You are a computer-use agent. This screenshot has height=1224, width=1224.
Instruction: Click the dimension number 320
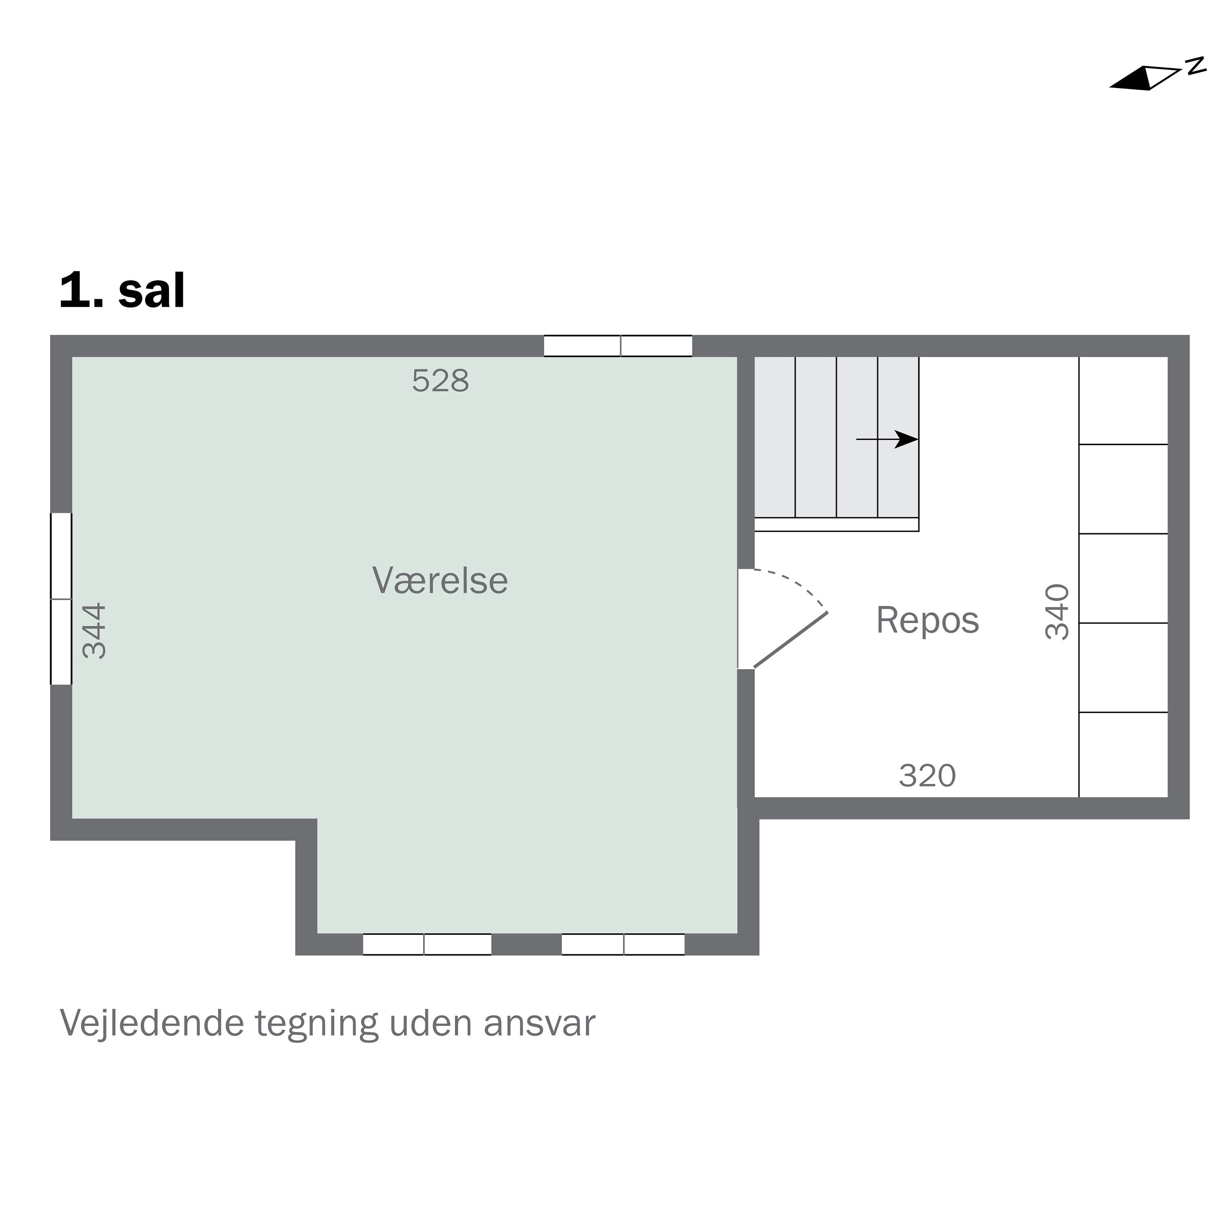(x=927, y=776)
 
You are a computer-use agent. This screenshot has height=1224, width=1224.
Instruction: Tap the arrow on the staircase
(x=887, y=439)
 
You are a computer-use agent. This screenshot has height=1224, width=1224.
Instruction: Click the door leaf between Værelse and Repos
(x=791, y=640)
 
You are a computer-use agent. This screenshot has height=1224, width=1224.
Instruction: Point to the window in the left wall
(x=62, y=599)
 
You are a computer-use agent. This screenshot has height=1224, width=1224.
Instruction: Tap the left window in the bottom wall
(x=427, y=944)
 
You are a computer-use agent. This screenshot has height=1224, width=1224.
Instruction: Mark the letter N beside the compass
(x=1195, y=65)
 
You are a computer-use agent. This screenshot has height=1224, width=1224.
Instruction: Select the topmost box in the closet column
(x=1123, y=400)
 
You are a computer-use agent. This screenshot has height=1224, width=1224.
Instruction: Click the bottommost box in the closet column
(x=1123, y=754)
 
